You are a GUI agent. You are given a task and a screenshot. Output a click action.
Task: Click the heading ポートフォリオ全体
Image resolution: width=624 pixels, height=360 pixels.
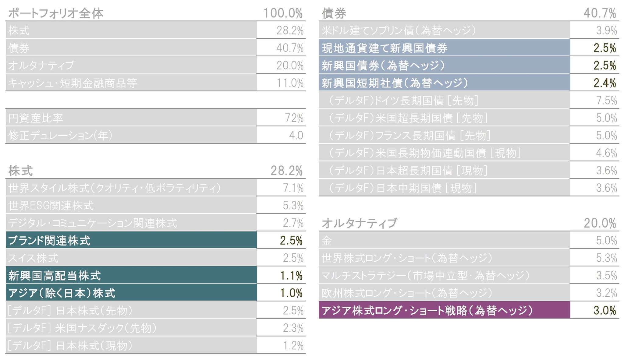pos(56,13)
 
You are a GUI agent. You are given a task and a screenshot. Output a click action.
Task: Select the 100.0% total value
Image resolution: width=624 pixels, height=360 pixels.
pos(283,13)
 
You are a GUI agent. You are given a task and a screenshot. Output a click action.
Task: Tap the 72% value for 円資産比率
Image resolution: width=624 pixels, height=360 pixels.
pos(294,118)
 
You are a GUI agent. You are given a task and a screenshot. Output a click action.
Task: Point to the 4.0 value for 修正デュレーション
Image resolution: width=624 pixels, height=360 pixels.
pos(296,135)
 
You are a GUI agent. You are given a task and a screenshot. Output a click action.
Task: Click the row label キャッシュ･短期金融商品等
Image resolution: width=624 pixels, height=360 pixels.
pos(73,83)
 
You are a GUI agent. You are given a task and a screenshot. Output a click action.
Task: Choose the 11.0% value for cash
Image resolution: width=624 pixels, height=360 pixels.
pos(290,83)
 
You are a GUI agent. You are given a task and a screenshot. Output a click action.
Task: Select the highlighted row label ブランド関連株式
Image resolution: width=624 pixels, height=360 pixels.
pos(49,241)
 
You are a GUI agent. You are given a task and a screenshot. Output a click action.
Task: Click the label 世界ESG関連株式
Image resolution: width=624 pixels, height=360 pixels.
pos(51,206)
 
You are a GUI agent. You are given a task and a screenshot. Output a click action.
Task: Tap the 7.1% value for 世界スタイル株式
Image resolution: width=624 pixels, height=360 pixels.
pos(293,188)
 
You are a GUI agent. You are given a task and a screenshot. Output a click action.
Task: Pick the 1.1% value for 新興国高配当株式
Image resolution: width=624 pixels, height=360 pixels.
pos(291,276)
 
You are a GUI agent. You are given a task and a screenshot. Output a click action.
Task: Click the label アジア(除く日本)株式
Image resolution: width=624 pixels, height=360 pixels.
pos(62,293)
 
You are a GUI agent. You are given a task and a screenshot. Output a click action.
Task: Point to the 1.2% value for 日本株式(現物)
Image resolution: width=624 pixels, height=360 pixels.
pos(293,346)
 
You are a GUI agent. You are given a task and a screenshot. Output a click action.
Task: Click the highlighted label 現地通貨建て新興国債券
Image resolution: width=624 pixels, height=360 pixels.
pos(385,48)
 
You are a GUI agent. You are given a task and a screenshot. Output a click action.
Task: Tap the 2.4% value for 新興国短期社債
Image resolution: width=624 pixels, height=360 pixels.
pos(604,83)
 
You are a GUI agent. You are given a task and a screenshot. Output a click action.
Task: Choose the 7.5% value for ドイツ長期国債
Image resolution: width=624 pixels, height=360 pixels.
pos(606,101)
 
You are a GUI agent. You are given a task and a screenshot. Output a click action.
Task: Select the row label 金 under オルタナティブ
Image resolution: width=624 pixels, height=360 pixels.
pos(327,241)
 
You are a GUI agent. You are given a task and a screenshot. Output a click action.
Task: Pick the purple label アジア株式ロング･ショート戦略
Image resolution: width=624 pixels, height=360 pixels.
pos(427,310)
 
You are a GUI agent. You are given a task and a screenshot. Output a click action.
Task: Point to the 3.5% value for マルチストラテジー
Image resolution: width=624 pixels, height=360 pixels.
pos(606,276)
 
